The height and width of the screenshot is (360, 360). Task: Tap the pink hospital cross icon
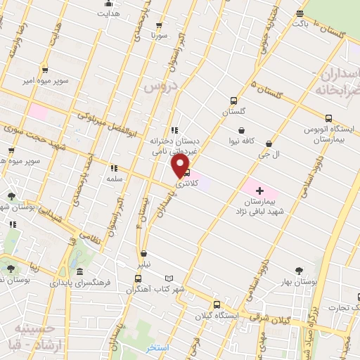click(259, 190)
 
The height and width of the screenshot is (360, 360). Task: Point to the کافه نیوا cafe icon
click(242, 130)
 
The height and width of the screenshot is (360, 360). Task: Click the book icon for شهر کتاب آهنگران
click(167, 278)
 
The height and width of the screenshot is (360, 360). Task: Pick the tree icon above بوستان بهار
click(300, 271)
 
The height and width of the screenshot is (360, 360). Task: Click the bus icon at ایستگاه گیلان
click(217, 305)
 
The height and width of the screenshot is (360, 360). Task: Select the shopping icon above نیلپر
click(143, 254)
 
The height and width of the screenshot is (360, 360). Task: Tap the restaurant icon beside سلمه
click(113, 168)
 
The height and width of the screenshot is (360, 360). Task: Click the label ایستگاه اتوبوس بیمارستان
click(327, 135)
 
